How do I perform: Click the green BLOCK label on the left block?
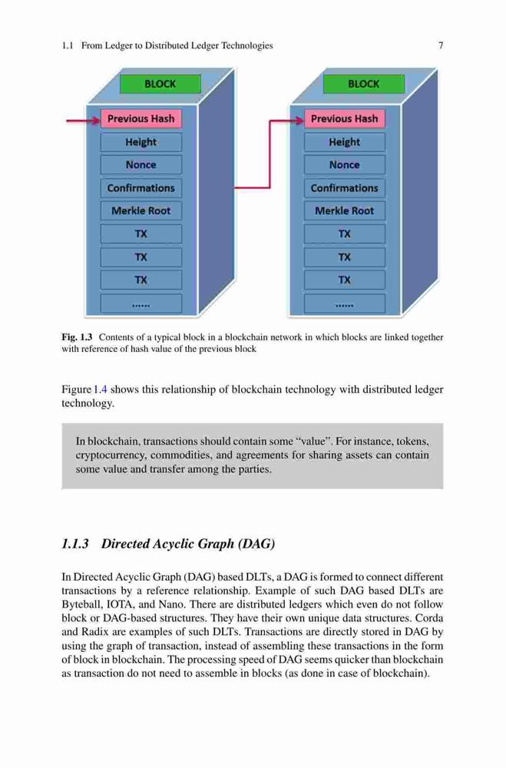(x=160, y=84)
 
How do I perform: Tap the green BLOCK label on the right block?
(x=363, y=84)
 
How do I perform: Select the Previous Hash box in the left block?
(x=141, y=118)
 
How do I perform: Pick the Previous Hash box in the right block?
(x=344, y=118)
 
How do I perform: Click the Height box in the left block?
(x=141, y=142)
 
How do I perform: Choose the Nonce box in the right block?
(x=344, y=165)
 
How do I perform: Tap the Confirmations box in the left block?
(x=141, y=188)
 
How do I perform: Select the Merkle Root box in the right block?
(x=344, y=211)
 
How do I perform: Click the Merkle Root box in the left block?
(x=141, y=211)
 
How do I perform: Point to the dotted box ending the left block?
(x=141, y=303)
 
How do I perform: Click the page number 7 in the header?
(x=441, y=45)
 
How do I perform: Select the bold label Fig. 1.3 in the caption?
(x=77, y=337)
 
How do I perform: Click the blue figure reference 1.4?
(x=101, y=389)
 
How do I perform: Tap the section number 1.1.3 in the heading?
(x=75, y=544)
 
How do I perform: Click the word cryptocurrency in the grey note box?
(x=110, y=455)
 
